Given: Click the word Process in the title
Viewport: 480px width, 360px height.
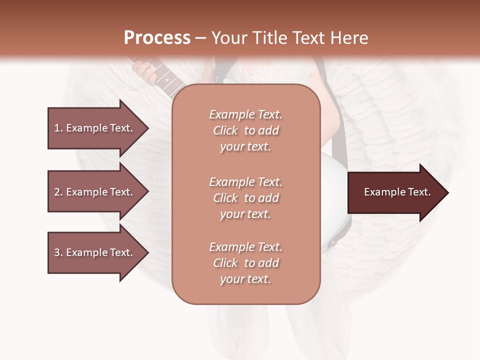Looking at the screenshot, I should [x=157, y=38].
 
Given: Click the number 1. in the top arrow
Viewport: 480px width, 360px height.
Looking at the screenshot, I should [x=58, y=128].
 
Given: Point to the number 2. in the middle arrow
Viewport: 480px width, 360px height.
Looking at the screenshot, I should [x=58, y=192].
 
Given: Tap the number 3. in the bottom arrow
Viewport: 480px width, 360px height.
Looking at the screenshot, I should [x=58, y=252].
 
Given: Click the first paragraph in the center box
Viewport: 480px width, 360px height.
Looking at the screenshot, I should [x=246, y=130].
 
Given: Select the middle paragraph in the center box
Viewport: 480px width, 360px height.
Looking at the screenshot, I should [x=246, y=198].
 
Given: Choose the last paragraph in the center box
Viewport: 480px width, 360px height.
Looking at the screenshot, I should [x=246, y=263].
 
